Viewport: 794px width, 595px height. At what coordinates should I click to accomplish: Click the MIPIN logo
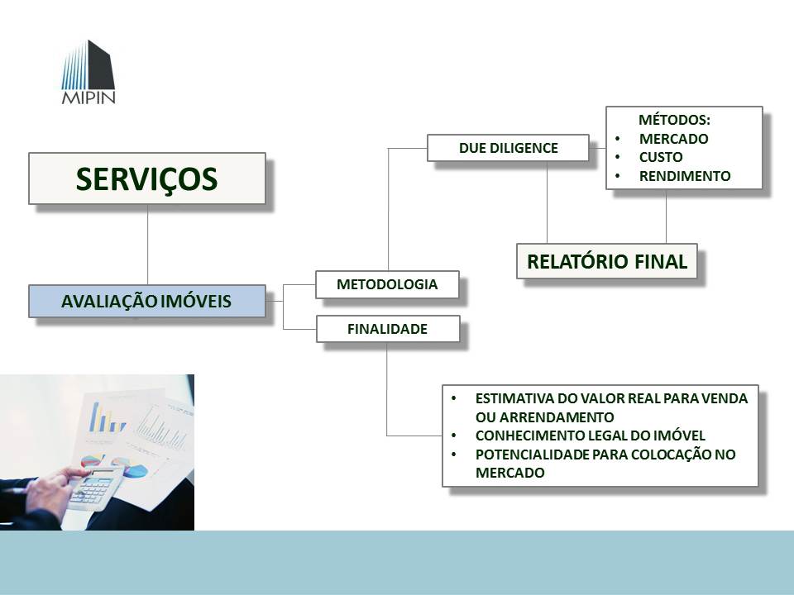[x=88, y=74]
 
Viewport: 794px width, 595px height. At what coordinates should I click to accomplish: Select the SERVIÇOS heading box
[x=147, y=178]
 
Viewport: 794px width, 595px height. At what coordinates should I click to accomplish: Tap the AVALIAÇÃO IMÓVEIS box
[x=147, y=302]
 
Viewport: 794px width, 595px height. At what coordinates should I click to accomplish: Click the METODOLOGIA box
[x=387, y=284]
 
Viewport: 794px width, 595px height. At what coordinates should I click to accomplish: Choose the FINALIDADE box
[x=387, y=329]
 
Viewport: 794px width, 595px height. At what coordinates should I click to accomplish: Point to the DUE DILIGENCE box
[x=508, y=148]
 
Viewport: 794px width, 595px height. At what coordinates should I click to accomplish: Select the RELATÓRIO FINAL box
[x=607, y=262]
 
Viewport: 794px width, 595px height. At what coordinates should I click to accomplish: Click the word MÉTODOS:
[x=674, y=120]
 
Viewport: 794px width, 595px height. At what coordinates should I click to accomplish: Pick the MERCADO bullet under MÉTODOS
[x=673, y=139]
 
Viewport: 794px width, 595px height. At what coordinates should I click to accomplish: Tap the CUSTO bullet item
[x=661, y=157]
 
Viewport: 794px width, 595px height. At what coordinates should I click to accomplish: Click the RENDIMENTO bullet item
[x=685, y=176]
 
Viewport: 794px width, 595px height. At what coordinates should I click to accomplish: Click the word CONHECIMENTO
[x=524, y=436]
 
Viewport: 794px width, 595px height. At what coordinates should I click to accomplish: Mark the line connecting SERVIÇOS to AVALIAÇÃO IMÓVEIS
[x=147, y=244]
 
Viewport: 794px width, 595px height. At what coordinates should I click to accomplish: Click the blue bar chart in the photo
[x=106, y=416]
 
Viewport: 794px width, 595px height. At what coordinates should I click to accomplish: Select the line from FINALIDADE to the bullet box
[x=387, y=388]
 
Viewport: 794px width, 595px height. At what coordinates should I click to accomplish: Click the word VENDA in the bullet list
[x=729, y=398]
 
